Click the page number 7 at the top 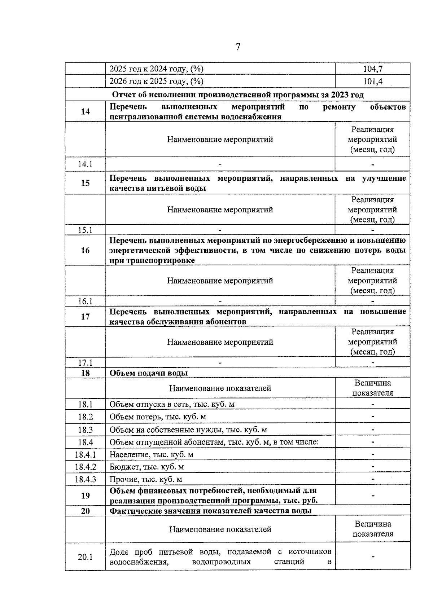pos(237,47)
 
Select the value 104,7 pos(373,69)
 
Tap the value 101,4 pos(373,81)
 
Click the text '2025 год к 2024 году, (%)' pos(156,69)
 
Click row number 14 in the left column pos(85,111)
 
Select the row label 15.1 pos(85,230)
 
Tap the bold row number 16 pos(85,250)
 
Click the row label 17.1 pos(85,362)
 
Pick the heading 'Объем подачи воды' pos(148,373)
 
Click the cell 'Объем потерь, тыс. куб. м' pos(158,417)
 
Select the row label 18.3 pos(85,430)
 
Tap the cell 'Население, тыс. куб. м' pos(151,454)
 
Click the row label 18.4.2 pos(85,467)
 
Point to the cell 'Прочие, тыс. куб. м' pos(146,479)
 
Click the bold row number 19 pos(85,496)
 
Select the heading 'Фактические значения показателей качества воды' pos(210,511)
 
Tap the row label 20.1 pos(85,557)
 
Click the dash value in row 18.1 pos(373,404)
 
